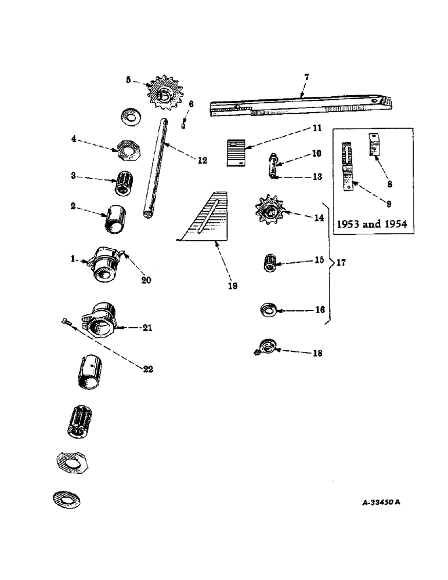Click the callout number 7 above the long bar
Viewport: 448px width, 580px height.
[x=307, y=77]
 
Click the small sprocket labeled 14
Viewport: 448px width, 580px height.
[x=268, y=212]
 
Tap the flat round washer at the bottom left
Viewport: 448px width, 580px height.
[x=66, y=498]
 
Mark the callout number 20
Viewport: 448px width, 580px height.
[x=145, y=280]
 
